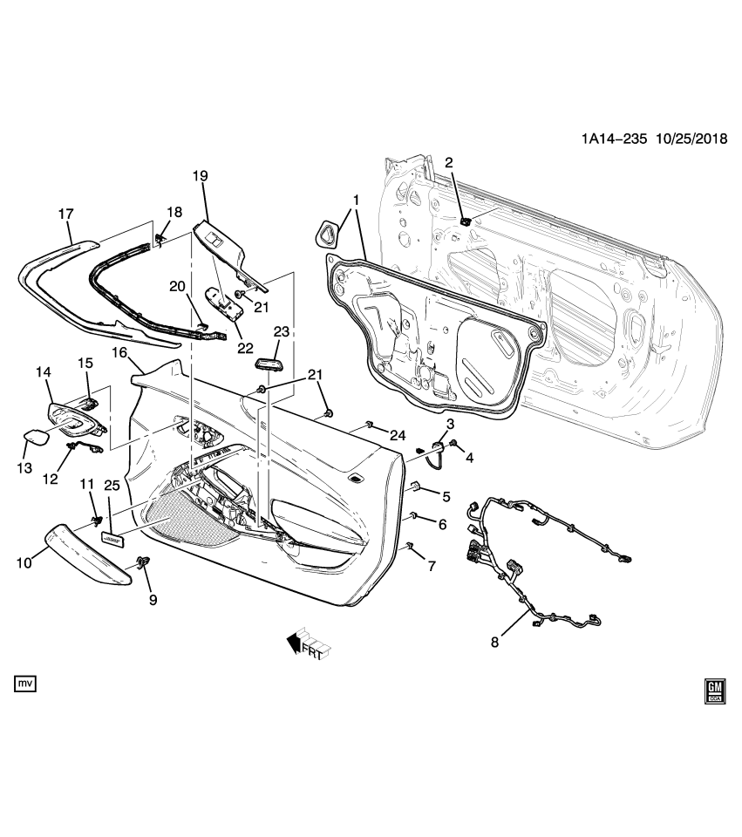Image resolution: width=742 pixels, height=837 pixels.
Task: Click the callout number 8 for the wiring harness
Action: coord(494,643)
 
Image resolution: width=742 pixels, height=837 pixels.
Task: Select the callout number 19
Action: coord(200,176)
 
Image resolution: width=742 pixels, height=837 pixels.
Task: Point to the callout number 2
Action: coord(450,162)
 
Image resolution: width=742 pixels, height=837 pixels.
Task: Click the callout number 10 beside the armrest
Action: coord(26,563)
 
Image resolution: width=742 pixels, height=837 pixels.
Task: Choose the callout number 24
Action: coord(398,435)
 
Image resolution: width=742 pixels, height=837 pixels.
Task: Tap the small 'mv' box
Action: coord(26,683)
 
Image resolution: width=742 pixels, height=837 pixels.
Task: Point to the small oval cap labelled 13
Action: coord(34,437)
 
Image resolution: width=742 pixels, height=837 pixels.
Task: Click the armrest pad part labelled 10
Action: coord(83,548)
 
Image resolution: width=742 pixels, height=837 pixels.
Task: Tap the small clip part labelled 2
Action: coord(465,221)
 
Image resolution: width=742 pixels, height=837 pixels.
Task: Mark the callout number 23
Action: coord(281,331)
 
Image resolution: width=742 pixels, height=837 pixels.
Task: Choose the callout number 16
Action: coord(119,352)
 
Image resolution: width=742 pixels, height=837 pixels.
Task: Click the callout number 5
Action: coord(445,497)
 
